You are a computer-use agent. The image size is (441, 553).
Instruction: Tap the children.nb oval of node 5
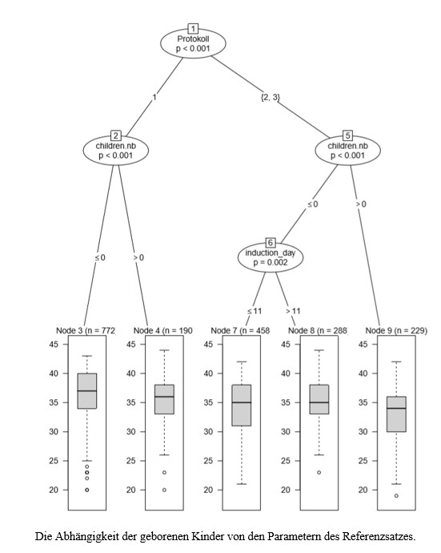347,149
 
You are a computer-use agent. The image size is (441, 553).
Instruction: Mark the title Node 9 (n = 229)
395,329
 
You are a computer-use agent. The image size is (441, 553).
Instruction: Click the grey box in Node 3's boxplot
86,391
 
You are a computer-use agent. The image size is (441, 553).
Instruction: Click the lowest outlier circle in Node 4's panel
164,490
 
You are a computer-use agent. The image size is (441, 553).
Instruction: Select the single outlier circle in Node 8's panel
319,472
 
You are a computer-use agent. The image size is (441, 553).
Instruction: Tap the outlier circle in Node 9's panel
396,495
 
